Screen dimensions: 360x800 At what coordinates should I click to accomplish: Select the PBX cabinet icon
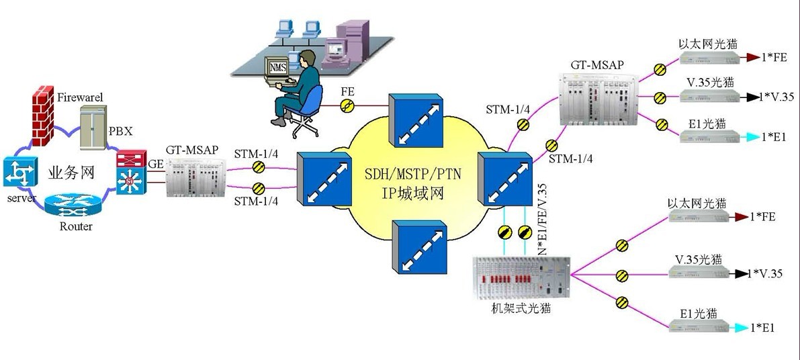(93, 127)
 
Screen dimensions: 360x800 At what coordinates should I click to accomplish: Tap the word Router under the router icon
(76, 226)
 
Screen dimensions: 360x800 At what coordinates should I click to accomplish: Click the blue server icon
(17, 173)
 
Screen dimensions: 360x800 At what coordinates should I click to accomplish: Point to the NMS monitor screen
(277, 68)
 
